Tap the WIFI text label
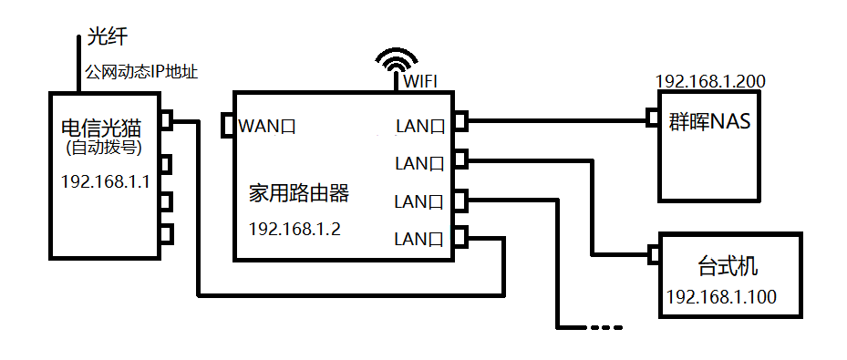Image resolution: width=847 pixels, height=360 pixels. pyautogui.click(x=420, y=82)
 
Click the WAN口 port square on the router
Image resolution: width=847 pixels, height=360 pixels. pyautogui.click(x=227, y=126)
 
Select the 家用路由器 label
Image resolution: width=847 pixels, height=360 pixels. pyautogui.click(x=299, y=193)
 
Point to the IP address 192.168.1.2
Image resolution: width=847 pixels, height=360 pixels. pyautogui.click(x=294, y=228)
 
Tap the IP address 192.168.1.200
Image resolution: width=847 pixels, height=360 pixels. pyautogui.click(x=710, y=81)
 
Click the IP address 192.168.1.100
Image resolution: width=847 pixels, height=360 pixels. pyautogui.click(x=721, y=297)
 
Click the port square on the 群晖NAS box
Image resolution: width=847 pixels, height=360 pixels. pyautogui.click(x=652, y=118)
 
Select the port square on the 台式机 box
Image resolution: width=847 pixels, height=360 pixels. pyautogui.click(x=652, y=254)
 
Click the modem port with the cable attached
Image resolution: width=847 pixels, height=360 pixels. pyautogui.click(x=165, y=120)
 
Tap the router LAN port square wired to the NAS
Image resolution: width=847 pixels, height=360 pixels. pyautogui.click(x=460, y=120)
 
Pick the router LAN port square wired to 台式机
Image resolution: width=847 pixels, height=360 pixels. pyautogui.click(x=460, y=160)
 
